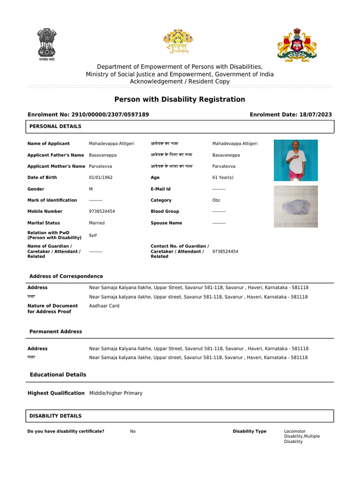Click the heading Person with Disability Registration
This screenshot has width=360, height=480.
point(180,99)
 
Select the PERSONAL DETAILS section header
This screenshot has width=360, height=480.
point(55,127)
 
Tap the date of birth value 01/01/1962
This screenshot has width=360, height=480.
point(101,178)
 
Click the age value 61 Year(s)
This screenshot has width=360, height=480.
point(223,178)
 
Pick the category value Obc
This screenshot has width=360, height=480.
point(217,200)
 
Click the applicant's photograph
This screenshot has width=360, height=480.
point(295,160)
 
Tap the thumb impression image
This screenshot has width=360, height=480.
point(295,207)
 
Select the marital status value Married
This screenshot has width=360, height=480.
point(97,223)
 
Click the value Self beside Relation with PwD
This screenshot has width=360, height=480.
point(93,235)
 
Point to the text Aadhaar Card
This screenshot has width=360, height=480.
point(104,306)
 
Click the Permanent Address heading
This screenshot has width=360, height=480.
point(56,331)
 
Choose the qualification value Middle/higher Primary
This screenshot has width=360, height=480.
point(116,393)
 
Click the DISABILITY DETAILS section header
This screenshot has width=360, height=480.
point(55,416)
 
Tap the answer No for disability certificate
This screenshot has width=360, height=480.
point(133,431)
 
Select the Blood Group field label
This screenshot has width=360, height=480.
point(165,211)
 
